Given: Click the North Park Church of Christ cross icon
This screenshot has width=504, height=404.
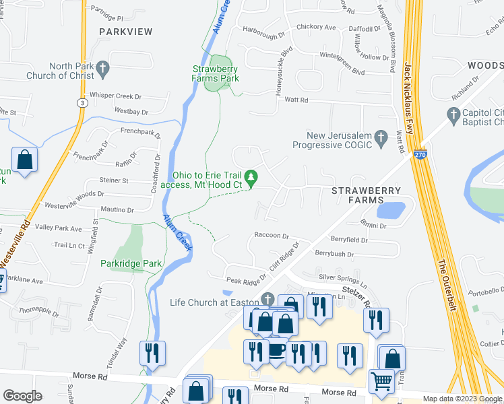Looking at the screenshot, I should (102, 67).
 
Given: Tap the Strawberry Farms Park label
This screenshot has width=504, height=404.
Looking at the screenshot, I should (216, 73).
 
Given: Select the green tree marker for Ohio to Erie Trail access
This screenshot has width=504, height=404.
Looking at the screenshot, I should (251, 178).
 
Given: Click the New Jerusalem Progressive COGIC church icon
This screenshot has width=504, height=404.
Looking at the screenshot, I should (381, 139).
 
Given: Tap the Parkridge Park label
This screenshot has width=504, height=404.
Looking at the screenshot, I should (131, 263).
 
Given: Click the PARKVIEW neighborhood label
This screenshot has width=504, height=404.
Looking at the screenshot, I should (125, 32).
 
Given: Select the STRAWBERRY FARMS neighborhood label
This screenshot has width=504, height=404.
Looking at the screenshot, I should (366, 195).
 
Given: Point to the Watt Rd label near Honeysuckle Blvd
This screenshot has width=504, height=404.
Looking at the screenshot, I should (296, 100).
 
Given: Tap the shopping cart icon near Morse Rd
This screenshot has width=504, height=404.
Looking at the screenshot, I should (381, 381).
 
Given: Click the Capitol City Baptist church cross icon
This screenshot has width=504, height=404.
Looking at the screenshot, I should (453, 114).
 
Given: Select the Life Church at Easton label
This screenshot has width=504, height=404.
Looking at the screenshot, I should (215, 302).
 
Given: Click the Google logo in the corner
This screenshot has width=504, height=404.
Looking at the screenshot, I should (22, 396).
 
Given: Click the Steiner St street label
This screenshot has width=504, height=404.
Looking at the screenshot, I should (114, 180).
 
